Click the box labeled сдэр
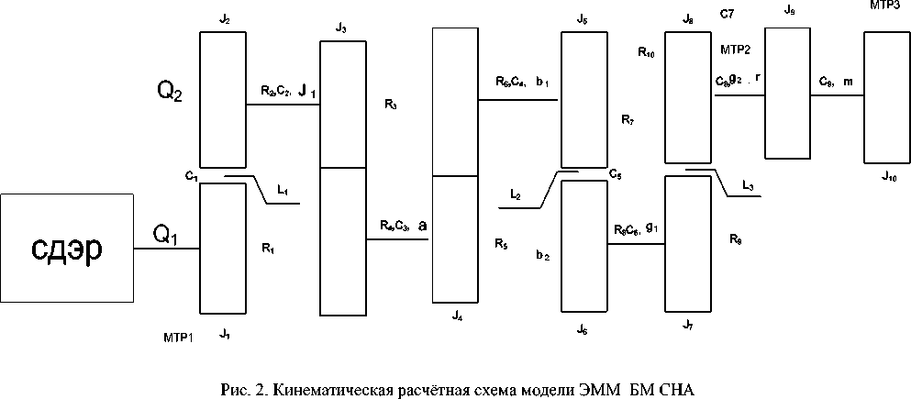[66, 248]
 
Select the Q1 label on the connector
[165, 236]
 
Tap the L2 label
[517, 194]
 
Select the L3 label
[750, 187]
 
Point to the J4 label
[457, 315]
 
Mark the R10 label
[646, 53]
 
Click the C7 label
[728, 16]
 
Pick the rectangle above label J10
[887, 94]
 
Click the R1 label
[268, 248]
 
